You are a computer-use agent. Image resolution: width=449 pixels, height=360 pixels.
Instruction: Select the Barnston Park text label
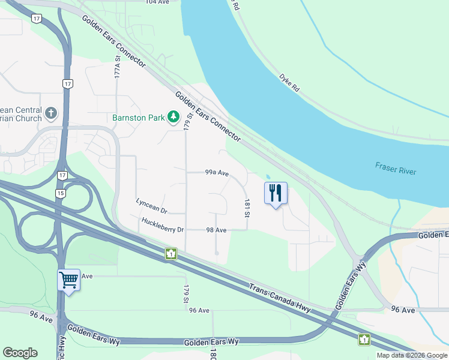(x=138, y=118)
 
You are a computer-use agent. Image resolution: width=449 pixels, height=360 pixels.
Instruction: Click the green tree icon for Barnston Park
(x=174, y=116)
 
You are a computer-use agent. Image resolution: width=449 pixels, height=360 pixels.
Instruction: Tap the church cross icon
(x=52, y=112)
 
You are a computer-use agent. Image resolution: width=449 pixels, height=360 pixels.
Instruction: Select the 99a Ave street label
(x=217, y=173)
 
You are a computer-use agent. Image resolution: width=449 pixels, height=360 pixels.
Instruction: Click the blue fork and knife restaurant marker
(x=276, y=193)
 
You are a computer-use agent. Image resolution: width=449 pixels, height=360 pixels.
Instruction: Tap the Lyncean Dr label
(x=151, y=206)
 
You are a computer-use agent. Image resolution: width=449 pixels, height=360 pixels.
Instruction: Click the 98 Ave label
(x=216, y=230)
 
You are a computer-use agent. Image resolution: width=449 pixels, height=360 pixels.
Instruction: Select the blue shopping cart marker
(x=68, y=280)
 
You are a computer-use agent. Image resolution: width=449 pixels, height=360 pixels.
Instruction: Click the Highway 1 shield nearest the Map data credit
(x=364, y=340)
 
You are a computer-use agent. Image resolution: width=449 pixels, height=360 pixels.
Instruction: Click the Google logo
(x=20, y=353)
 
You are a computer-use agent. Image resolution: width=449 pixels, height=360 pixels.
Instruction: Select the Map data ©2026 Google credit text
(x=411, y=355)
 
